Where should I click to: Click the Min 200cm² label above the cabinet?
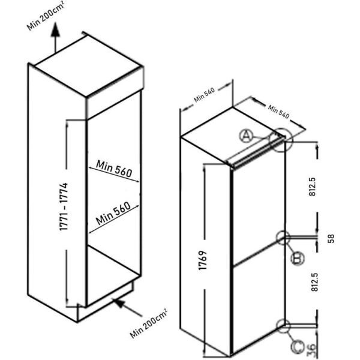(45, 15)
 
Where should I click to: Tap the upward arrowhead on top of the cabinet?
(55, 29)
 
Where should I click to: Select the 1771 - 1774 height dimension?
(64, 206)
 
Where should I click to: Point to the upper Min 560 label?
(114, 169)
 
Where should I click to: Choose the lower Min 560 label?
(113, 213)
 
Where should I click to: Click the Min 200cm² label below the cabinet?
(149, 324)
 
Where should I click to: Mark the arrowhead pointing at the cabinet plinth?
(119, 303)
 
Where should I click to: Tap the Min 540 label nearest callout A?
(278, 112)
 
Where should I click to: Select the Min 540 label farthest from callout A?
(205, 95)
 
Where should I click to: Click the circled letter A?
(246, 136)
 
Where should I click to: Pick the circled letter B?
(298, 259)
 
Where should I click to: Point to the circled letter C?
(298, 347)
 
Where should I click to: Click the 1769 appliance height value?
(203, 260)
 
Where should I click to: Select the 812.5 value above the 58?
(313, 187)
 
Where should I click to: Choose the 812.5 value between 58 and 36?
(314, 282)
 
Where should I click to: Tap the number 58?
(331, 239)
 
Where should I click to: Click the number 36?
(312, 350)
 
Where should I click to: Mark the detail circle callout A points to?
(281, 140)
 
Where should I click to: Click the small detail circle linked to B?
(283, 238)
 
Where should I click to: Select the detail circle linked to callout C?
(283, 326)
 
